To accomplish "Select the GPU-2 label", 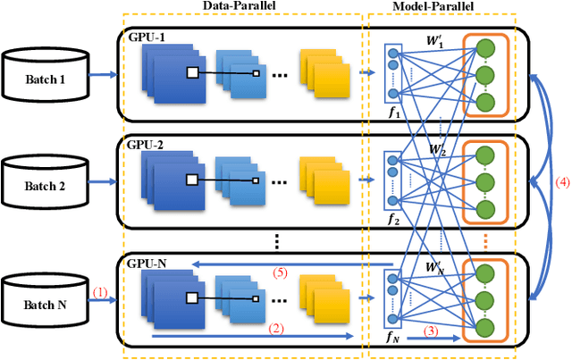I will (x=146, y=142).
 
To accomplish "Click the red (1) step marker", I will (x=100, y=291).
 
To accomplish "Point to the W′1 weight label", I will (x=437, y=41).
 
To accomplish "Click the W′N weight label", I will (x=437, y=265).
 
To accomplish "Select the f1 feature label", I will (x=392, y=113).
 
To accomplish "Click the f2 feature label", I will (x=392, y=219).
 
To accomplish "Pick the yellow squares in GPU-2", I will (x=321, y=174).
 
